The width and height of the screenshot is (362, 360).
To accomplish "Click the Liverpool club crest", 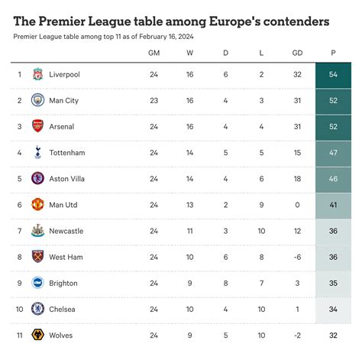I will point(37,74).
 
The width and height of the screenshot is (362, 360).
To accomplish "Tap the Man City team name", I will point(63,100).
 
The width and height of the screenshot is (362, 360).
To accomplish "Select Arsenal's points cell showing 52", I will point(333,127).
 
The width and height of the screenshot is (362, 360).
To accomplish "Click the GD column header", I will point(297,53).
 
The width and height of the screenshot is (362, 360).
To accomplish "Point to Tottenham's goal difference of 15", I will point(297,153).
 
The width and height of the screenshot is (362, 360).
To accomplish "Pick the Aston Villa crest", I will point(37,179).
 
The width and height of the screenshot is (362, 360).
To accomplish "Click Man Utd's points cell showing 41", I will point(333,205).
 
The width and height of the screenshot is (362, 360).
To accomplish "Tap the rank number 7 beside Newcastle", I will point(19,231).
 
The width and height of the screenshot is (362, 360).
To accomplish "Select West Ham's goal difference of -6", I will point(297,257).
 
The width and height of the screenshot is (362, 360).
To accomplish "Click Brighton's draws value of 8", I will point(225,283).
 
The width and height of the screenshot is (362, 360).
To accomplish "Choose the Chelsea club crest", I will point(37,309).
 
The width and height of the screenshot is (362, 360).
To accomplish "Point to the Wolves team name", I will point(62,335).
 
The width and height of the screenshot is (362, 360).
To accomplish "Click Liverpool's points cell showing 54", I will point(333,75).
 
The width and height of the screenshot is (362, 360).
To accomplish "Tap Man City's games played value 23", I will point(154,101).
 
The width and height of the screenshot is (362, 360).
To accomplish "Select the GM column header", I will point(154,53).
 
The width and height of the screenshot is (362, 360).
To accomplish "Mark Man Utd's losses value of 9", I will point(261,205).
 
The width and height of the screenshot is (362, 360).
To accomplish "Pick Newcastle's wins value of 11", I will point(189,231).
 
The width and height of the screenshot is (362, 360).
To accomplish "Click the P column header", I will point(333,53).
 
